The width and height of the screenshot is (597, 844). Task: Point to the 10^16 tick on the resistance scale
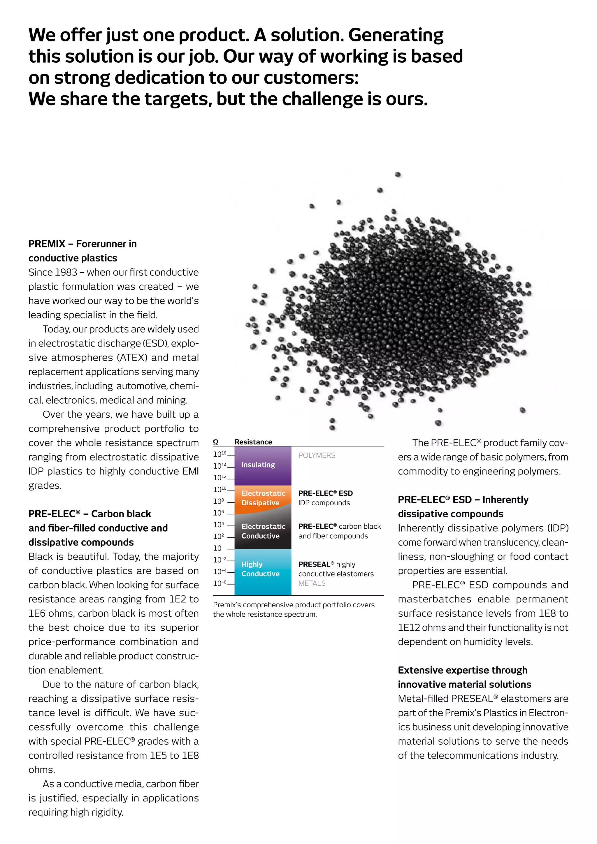click(220, 454)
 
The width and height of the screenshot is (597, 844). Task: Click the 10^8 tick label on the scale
click(218, 501)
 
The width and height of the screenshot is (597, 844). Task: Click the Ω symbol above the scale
click(216, 442)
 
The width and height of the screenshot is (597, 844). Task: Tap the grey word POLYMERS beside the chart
click(317, 456)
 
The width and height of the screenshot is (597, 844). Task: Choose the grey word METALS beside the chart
click(312, 583)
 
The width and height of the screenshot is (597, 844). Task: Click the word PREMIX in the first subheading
click(47, 244)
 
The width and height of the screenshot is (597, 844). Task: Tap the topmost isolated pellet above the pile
click(397, 175)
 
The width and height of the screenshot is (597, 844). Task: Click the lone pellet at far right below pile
click(522, 410)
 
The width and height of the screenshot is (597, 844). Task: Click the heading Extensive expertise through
click(462, 670)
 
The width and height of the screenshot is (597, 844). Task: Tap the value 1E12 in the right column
click(408, 627)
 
